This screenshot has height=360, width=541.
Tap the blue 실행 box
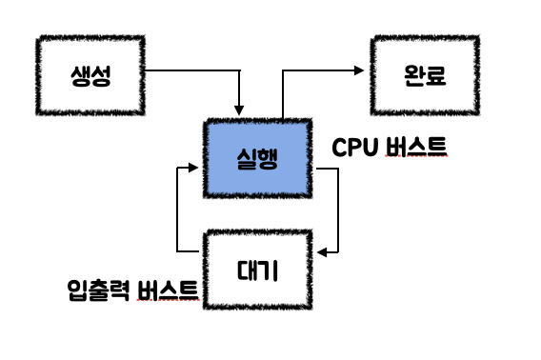[x=258, y=158]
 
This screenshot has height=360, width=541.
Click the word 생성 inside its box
[x=90, y=76]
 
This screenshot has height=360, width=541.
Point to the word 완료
[x=425, y=75]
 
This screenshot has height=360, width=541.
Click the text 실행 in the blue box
[x=257, y=159]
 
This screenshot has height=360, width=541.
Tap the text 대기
[x=257, y=270]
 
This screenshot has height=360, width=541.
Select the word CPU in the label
[x=354, y=148]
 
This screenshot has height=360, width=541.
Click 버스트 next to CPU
[x=416, y=147]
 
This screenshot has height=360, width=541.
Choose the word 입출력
[x=99, y=290]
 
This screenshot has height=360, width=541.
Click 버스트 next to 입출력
[x=169, y=290]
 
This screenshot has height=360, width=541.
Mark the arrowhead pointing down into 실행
[x=239, y=110]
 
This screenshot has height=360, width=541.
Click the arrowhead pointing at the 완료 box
[x=359, y=70]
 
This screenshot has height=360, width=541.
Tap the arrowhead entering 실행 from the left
[x=193, y=168]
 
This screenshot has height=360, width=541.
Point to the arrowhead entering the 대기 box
[x=322, y=252]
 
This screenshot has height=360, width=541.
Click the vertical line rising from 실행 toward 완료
[x=283, y=95]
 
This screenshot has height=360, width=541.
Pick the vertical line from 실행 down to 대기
[x=338, y=210]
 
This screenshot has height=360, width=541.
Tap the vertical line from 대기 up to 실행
[x=177, y=210]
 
